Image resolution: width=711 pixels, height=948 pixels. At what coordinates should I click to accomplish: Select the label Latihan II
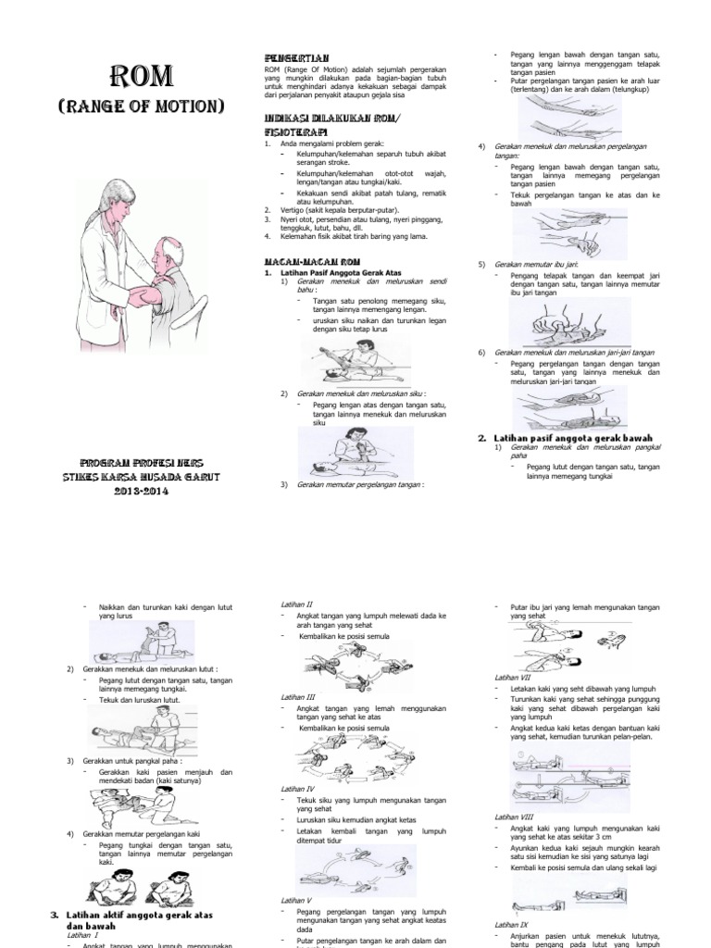click(x=296, y=604)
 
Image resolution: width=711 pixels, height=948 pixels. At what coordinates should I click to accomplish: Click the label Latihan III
click(x=298, y=696)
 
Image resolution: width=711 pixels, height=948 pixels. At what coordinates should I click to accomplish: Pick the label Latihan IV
click(x=298, y=788)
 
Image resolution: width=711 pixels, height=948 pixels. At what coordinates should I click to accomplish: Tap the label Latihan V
click(x=296, y=900)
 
